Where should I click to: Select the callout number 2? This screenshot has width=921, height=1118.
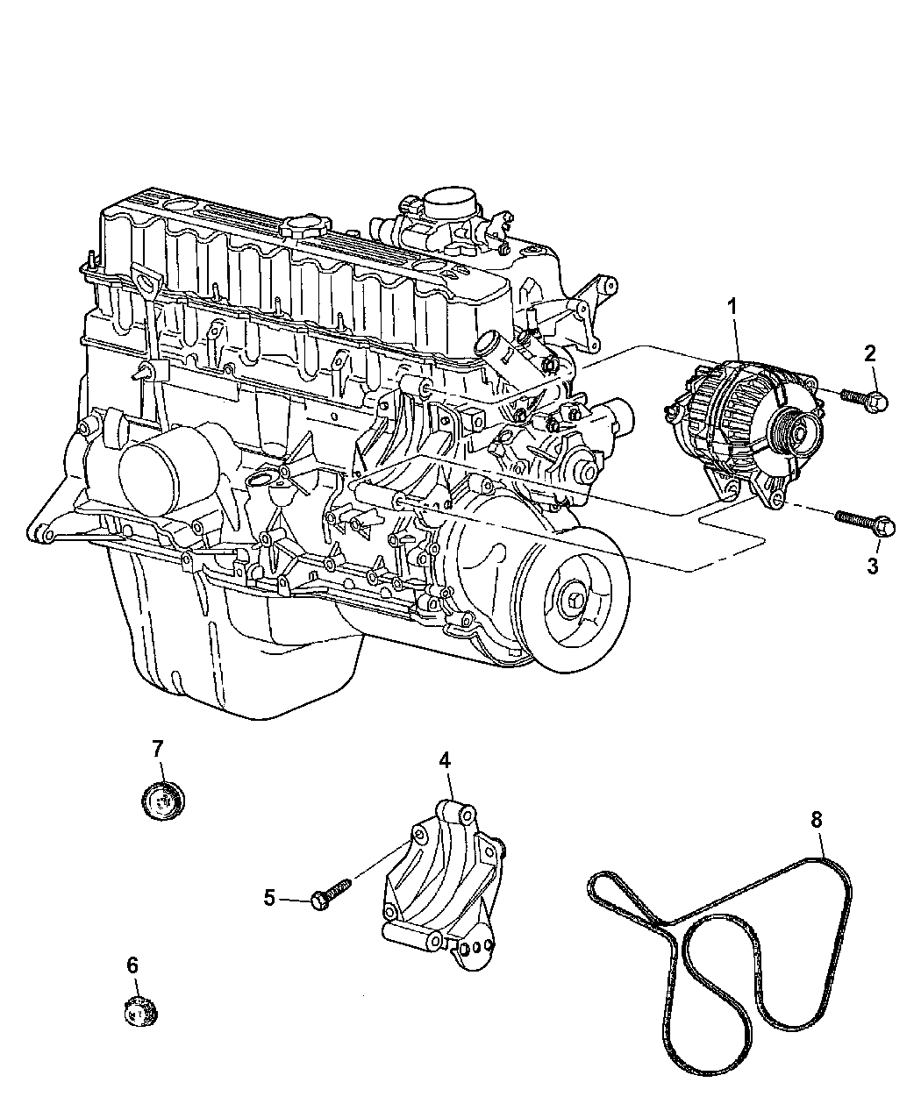click(x=869, y=354)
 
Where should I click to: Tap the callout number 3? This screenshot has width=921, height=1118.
click(x=871, y=566)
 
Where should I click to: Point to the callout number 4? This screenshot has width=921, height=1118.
click(x=445, y=760)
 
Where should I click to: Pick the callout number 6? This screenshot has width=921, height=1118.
click(x=132, y=965)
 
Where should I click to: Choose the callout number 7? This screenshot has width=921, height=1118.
click(x=157, y=748)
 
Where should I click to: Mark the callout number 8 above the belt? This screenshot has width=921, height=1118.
click(x=816, y=819)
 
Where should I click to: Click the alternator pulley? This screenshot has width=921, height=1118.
click(x=800, y=430)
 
